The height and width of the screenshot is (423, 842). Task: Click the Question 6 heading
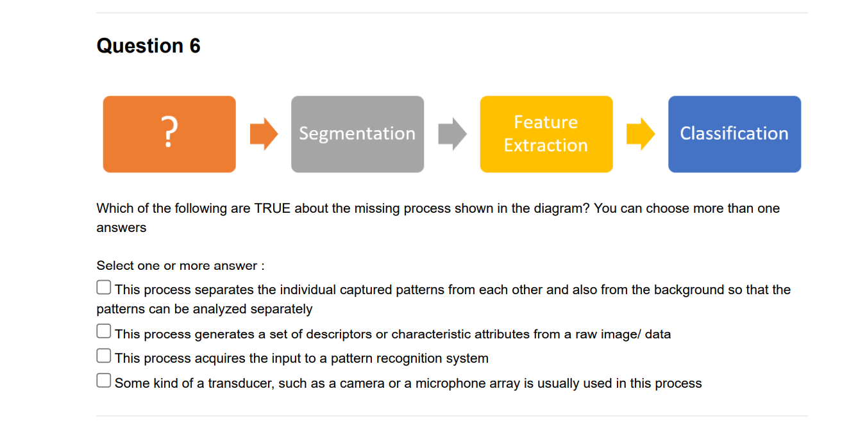[x=148, y=46]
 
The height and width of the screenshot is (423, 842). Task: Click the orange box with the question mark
[x=169, y=134]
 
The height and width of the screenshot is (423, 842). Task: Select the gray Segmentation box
[x=357, y=134]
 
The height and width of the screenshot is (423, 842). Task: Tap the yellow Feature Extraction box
[x=546, y=134]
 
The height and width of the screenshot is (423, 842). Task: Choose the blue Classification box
[x=734, y=134]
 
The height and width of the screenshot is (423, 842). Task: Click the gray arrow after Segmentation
[x=452, y=134]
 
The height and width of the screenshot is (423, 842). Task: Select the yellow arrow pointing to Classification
[x=640, y=134]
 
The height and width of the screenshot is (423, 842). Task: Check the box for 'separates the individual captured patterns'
[x=104, y=288]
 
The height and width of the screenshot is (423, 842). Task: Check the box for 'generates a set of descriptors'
[x=104, y=331]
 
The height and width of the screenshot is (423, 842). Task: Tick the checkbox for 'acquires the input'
[x=104, y=356]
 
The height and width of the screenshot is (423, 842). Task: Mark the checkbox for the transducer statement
[x=104, y=381]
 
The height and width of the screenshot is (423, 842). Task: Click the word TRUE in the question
[x=272, y=209]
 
